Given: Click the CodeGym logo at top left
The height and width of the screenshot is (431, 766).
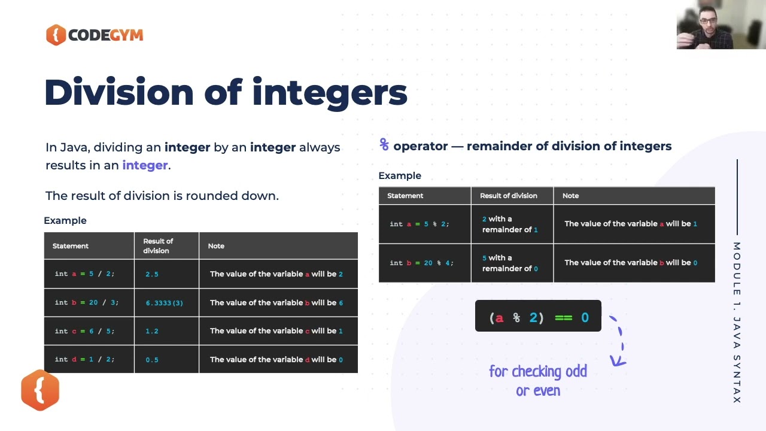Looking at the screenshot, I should click(95, 35).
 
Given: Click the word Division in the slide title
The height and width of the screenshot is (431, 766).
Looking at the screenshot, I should click(119, 93).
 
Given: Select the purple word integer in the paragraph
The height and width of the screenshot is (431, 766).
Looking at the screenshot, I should click(145, 165).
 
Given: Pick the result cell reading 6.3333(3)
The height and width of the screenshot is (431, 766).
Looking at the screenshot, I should click(165, 303).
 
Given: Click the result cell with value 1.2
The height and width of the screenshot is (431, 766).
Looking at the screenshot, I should click(152, 331).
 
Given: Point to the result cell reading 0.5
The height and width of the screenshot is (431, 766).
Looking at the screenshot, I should click(152, 360).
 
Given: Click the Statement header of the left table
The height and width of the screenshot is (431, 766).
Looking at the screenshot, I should click(71, 246).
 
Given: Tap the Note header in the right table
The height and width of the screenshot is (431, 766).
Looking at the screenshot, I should click(571, 196).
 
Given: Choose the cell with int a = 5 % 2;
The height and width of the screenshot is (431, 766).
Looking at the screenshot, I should click(419, 224).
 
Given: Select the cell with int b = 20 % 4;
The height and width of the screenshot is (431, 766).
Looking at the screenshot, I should click(421, 263).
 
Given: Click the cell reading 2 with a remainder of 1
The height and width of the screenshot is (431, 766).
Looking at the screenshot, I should click(510, 224).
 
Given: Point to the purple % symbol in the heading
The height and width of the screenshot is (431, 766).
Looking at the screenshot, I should click(384, 145).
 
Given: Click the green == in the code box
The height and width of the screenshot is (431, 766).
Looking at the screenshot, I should click(564, 317).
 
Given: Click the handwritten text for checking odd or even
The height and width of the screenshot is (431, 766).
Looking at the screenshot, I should click(538, 381).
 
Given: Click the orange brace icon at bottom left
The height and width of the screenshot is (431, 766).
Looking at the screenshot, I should click(40, 390).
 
